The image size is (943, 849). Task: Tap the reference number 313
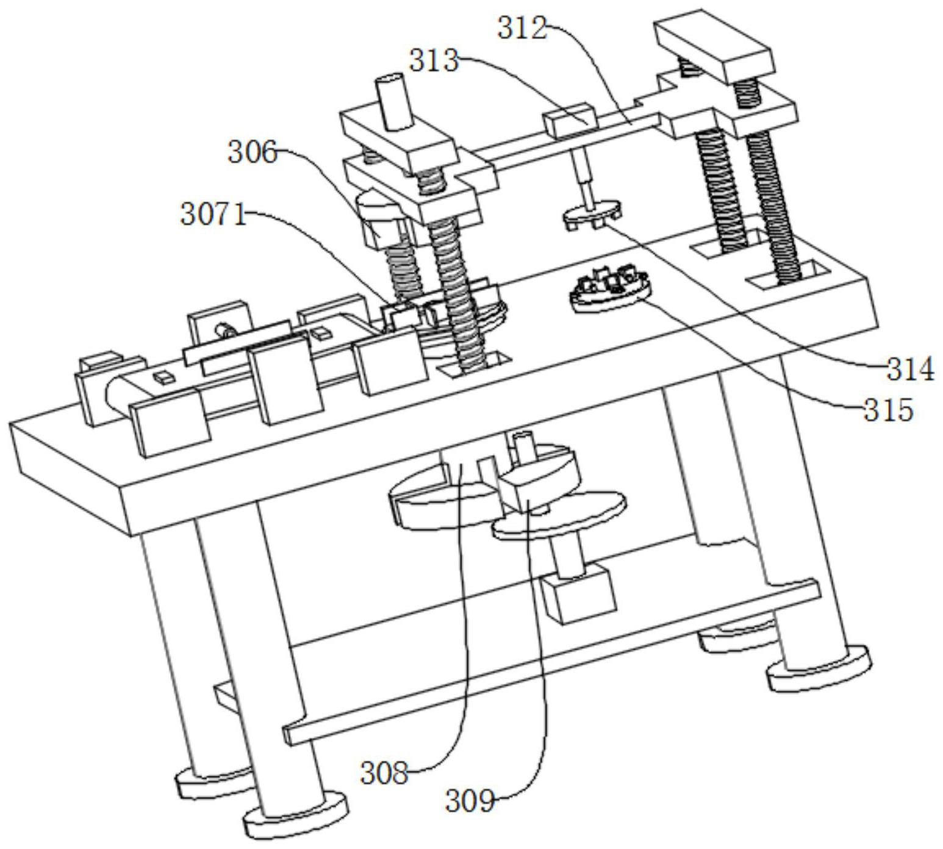coord(434,61)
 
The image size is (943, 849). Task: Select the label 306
coord(253,152)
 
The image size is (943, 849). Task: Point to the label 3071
coord(213,215)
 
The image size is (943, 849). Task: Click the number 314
coord(909,370)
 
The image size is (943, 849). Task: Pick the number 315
coord(888,410)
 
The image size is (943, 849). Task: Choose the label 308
coord(384,774)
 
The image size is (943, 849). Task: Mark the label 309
coord(469,801)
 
